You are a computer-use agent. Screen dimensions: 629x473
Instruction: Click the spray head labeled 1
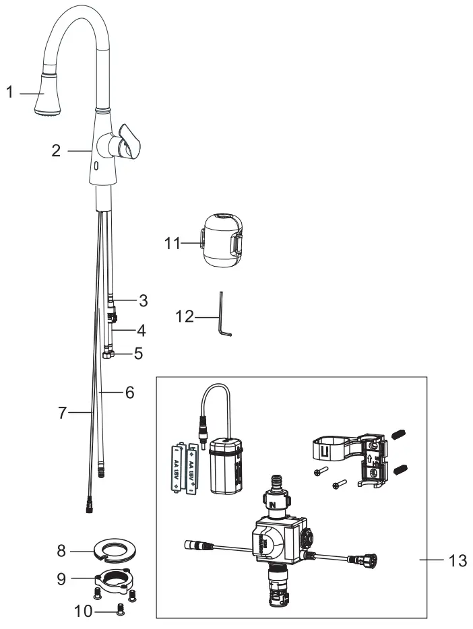click(49, 94)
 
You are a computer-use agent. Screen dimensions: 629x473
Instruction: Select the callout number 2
click(57, 151)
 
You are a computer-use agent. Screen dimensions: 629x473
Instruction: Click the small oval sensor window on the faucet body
click(96, 165)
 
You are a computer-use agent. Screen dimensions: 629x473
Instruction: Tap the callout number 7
click(62, 413)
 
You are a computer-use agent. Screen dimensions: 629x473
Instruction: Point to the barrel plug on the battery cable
click(201, 428)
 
